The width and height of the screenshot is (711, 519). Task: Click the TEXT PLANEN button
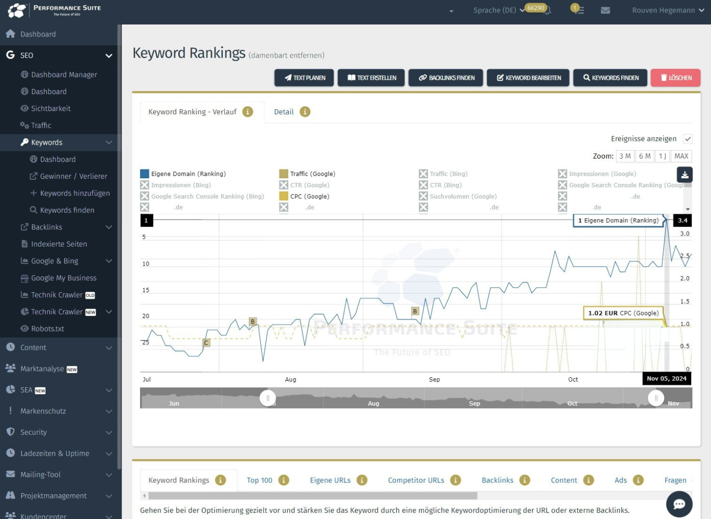point(304,78)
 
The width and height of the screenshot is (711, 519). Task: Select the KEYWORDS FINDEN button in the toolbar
point(611,78)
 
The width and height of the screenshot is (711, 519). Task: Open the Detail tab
point(284,112)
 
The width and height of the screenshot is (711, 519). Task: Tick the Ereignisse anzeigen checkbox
point(688,139)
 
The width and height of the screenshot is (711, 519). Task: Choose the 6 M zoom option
point(645,156)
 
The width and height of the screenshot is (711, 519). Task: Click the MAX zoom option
point(681,156)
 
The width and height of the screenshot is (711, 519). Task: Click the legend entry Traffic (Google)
point(312,174)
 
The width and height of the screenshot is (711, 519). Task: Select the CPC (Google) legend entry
point(309,197)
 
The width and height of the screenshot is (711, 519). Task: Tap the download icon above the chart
point(685,174)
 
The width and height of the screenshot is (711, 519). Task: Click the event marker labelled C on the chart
point(206,343)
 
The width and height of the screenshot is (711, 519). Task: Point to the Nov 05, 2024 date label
point(666,379)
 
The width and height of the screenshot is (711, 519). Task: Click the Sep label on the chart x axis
point(434,380)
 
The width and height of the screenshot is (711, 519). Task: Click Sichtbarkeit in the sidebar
point(50,109)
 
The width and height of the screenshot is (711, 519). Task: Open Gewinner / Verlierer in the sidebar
point(74,176)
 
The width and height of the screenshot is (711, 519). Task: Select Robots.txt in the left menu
point(48,329)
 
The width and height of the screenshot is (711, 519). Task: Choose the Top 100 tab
point(259,480)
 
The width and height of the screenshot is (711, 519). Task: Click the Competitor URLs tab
point(416,480)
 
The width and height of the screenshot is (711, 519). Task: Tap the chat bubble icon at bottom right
point(679,504)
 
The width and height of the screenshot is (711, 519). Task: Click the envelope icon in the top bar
point(605,10)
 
